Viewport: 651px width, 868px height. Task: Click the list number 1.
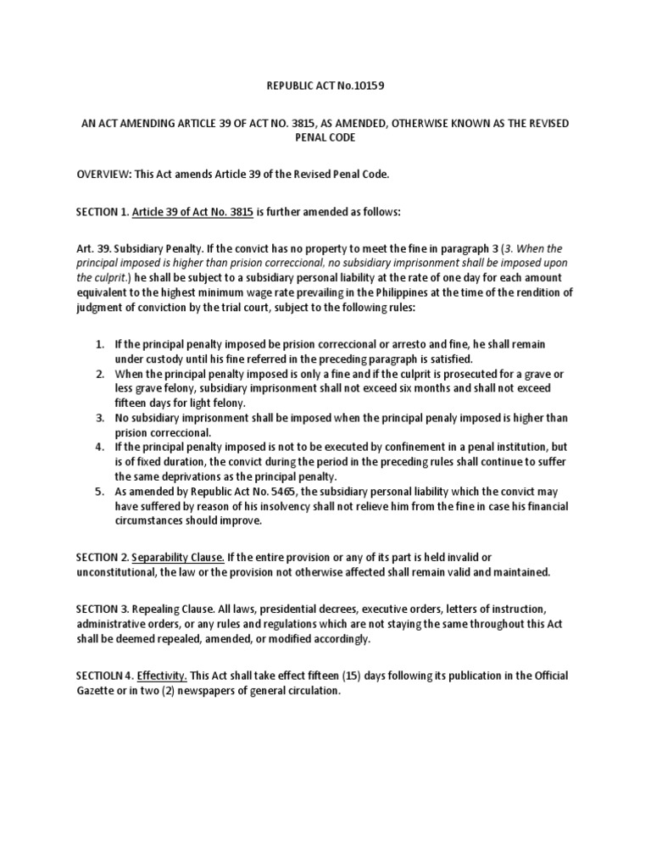tap(99, 345)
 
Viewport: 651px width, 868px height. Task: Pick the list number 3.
tap(99, 418)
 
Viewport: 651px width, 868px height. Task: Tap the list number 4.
tap(99, 448)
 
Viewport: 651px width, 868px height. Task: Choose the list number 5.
tap(99, 492)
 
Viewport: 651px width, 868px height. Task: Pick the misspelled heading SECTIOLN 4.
tap(105, 676)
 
